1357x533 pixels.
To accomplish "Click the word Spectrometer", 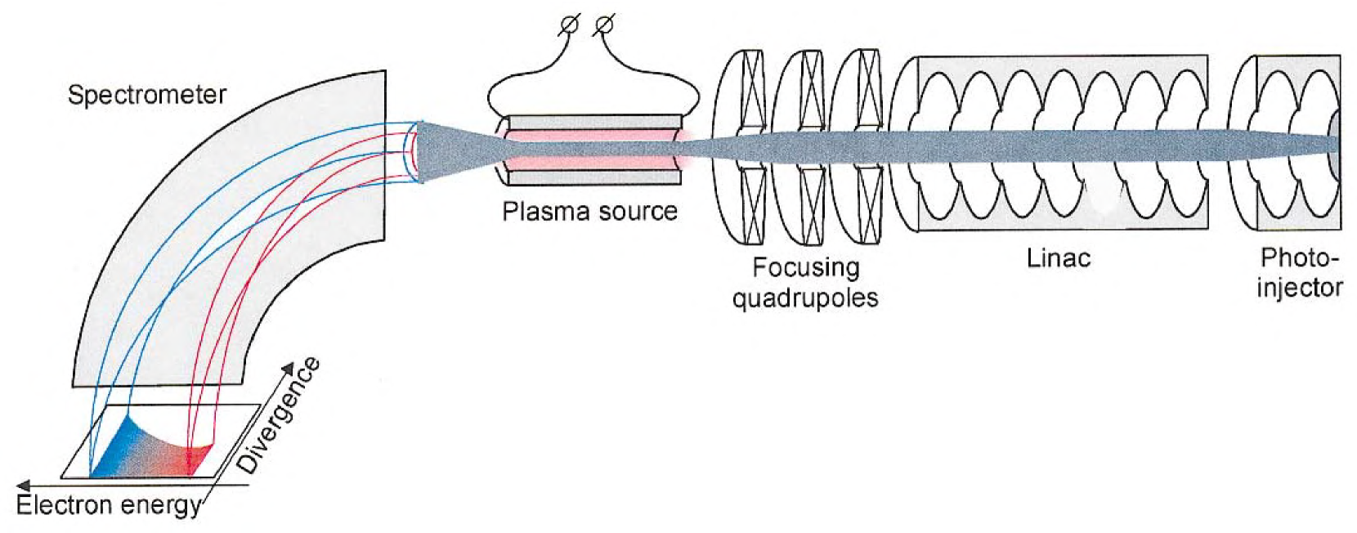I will (146, 95).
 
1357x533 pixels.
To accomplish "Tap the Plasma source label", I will (589, 212).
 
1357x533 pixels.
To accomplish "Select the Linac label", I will (1059, 258).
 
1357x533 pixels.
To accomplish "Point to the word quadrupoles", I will (805, 298).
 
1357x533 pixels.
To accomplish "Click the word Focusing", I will (805, 267).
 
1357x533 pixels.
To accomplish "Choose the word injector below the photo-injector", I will (1299, 288).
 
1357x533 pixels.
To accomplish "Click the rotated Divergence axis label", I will (279, 415).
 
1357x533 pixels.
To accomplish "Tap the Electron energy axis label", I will (109, 505).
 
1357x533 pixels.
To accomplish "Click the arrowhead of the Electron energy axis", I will (22, 486).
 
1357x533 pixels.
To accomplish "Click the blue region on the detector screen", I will (114, 450).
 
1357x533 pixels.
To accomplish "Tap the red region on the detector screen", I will (195, 459).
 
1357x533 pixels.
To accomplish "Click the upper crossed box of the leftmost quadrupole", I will (752, 90).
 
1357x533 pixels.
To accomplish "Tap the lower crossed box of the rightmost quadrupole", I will (869, 204).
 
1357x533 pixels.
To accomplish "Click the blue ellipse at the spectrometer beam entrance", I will (417, 152).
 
